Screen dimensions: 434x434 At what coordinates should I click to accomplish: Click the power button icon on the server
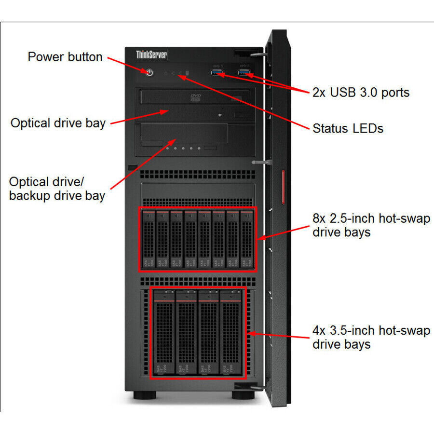tap(149, 72)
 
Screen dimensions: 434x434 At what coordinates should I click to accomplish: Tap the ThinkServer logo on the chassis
tap(151, 54)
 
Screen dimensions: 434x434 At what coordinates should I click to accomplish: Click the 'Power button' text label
tap(65, 57)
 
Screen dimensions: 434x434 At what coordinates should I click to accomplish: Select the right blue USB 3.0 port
tap(244, 73)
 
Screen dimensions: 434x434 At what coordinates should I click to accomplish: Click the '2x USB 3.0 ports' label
tap(361, 93)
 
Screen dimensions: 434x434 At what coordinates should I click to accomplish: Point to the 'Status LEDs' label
tap(348, 128)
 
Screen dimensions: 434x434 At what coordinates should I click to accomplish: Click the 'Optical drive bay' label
tap(58, 123)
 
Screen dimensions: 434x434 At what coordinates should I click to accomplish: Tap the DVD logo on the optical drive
tap(196, 96)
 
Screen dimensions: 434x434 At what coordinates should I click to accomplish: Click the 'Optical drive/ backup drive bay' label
tap(57, 189)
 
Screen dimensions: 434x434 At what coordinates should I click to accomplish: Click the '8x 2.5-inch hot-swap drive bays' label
tap(371, 225)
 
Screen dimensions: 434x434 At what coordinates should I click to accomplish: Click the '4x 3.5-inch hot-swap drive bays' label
tap(371, 337)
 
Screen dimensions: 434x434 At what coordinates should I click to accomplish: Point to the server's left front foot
tap(141, 395)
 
